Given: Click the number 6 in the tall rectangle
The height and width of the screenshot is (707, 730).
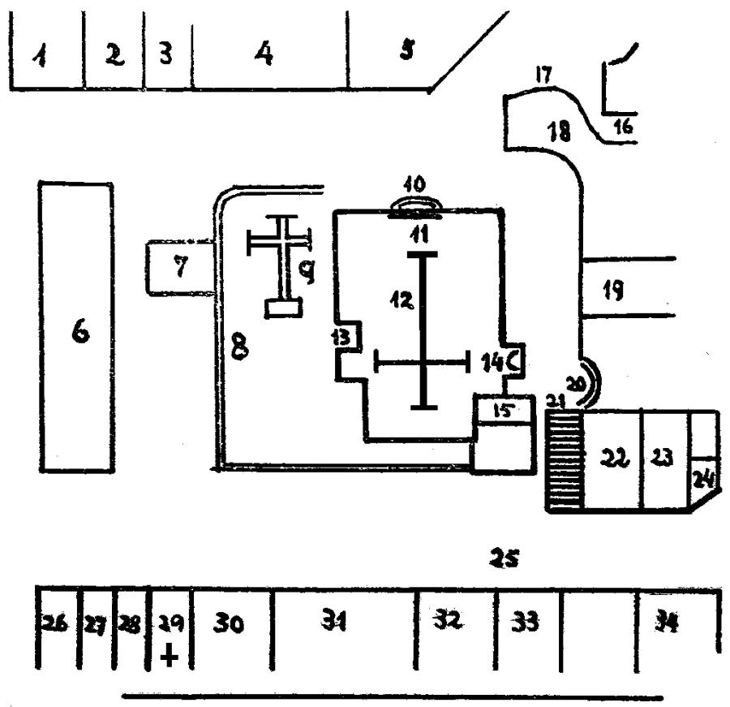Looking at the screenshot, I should tap(79, 334).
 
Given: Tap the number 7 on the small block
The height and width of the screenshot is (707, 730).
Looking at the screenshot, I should tap(181, 269).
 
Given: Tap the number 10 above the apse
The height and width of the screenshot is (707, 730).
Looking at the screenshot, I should tap(415, 185).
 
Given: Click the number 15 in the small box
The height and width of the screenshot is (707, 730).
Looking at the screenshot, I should tap(503, 412).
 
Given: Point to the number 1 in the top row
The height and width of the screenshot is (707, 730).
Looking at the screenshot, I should tap(38, 57).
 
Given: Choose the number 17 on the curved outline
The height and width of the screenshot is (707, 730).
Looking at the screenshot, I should tap(543, 76).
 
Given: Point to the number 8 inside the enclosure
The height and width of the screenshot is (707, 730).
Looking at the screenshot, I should tap(238, 347).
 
